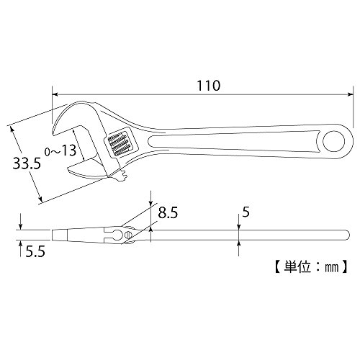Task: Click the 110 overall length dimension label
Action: [208, 86]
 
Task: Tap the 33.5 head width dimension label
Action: [27, 163]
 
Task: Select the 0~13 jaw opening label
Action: [60, 150]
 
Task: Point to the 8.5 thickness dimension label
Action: [168, 212]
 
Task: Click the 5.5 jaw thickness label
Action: [35, 252]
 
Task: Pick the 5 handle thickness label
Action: [246, 212]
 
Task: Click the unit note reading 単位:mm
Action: [310, 266]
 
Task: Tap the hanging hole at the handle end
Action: [334, 141]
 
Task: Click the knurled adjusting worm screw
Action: [117, 145]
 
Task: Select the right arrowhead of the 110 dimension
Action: [351, 94]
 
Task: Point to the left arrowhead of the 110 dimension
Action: [55, 94]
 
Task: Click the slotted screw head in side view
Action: [129, 235]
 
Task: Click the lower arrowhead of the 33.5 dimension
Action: [40, 198]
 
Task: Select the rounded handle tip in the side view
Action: [346, 235]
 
